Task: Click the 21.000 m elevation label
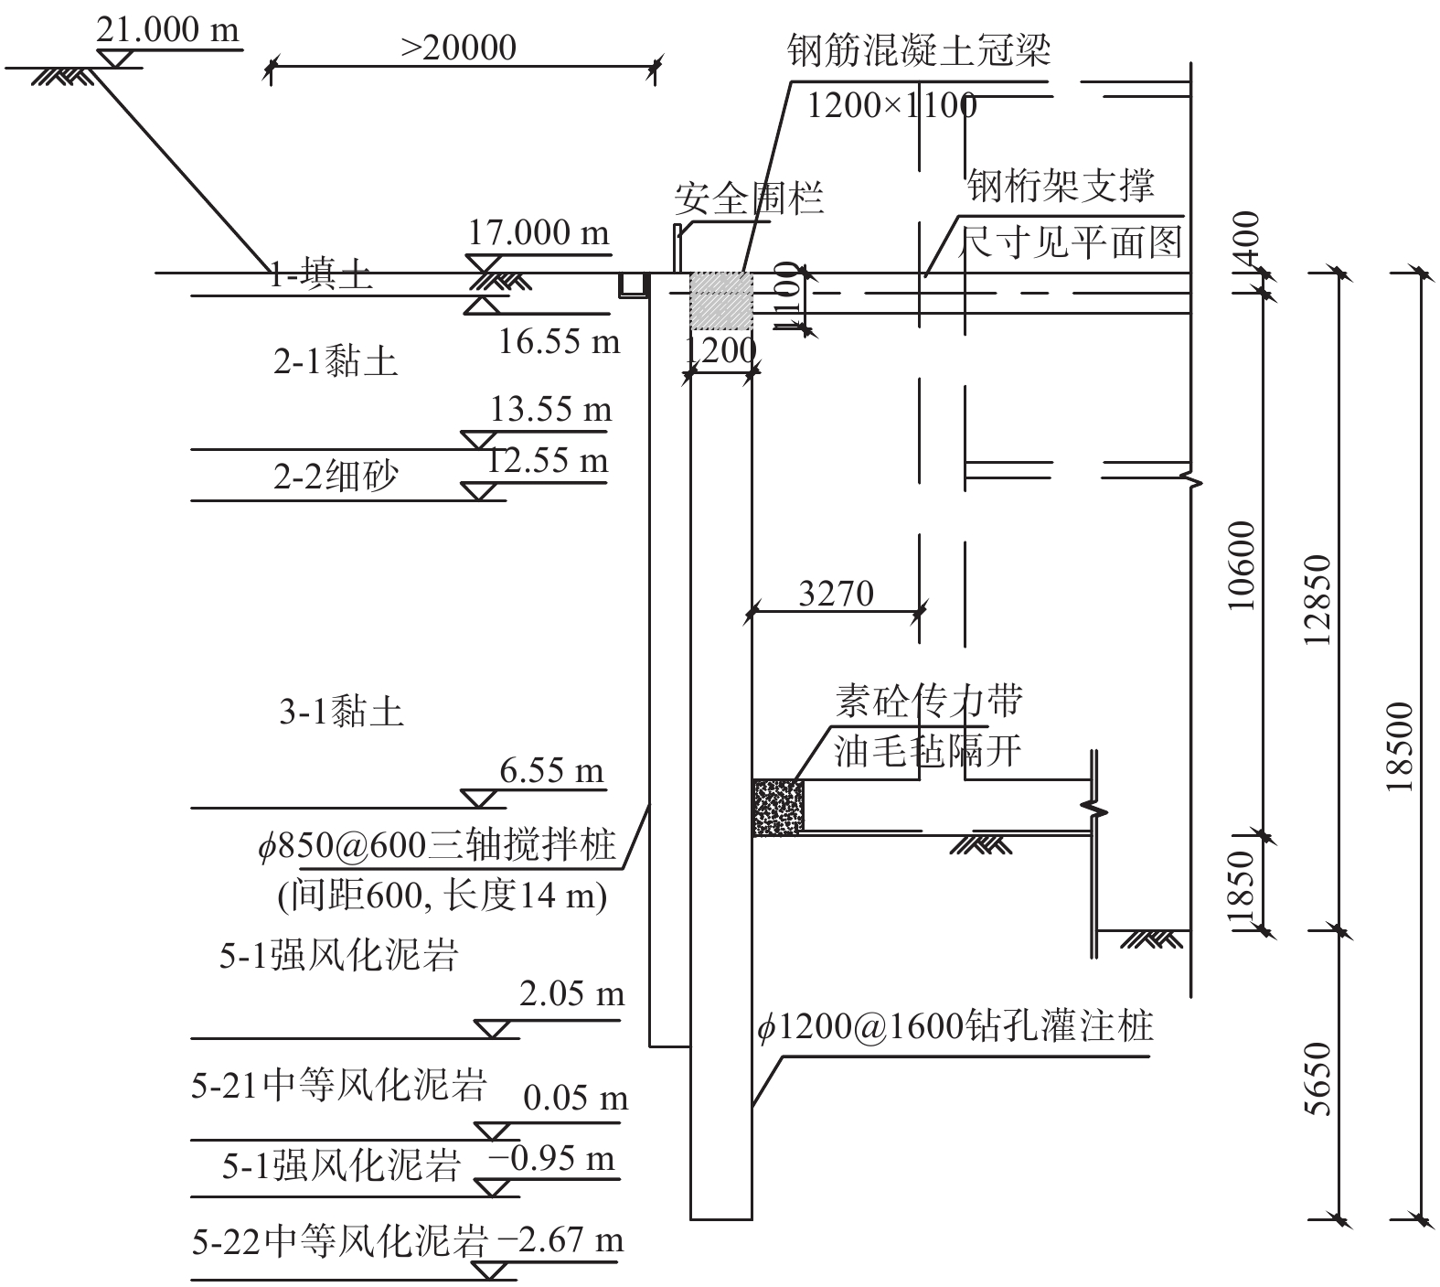pos(167,30)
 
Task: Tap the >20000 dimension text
pos(459,48)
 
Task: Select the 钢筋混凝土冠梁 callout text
pos(919,51)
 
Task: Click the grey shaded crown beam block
pos(720,301)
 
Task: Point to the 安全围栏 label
pos(749,198)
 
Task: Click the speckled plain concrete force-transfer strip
pos(777,807)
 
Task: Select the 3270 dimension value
pos(836,595)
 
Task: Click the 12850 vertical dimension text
pos(1318,599)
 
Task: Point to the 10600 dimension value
pos(1241,567)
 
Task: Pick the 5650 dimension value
pos(1318,1079)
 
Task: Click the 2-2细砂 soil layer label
pos(336,477)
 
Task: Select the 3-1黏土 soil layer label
pos(341,711)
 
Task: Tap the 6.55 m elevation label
pos(552,771)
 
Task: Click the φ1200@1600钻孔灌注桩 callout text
pos(955,1027)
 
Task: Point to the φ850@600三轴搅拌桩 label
pos(437,845)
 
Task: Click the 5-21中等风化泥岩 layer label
pos(339,1085)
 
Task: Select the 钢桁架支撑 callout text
pos(1061,186)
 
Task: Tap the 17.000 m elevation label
pos(539,232)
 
